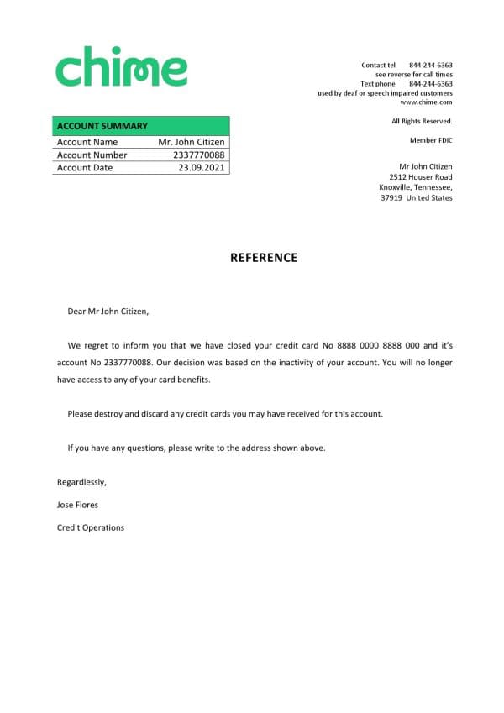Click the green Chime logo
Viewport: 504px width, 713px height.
click(121, 67)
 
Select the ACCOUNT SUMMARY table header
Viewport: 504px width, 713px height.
click(102, 126)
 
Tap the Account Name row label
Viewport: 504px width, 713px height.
click(87, 143)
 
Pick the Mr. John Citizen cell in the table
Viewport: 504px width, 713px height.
click(192, 143)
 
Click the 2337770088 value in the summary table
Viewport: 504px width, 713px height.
click(198, 155)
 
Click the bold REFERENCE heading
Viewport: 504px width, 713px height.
click(264, 258)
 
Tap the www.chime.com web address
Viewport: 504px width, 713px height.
click(426, 102)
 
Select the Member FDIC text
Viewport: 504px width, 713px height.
click(431, 140)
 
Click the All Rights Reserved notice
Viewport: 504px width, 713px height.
click(422, 122)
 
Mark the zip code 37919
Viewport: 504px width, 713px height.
click(391, 198)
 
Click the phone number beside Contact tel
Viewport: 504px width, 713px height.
click(431, 65)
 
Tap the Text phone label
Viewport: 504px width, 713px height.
click(378, 84)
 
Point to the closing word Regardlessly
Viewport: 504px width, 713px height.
click(81, 482)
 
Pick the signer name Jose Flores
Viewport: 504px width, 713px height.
click(77, 505)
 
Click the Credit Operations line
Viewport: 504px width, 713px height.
click(90, 527)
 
